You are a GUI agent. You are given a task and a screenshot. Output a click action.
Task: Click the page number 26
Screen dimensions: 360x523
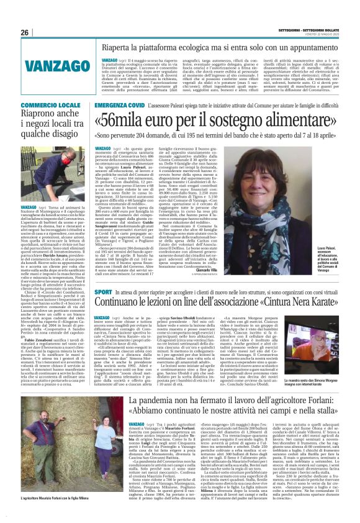point(24,32)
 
